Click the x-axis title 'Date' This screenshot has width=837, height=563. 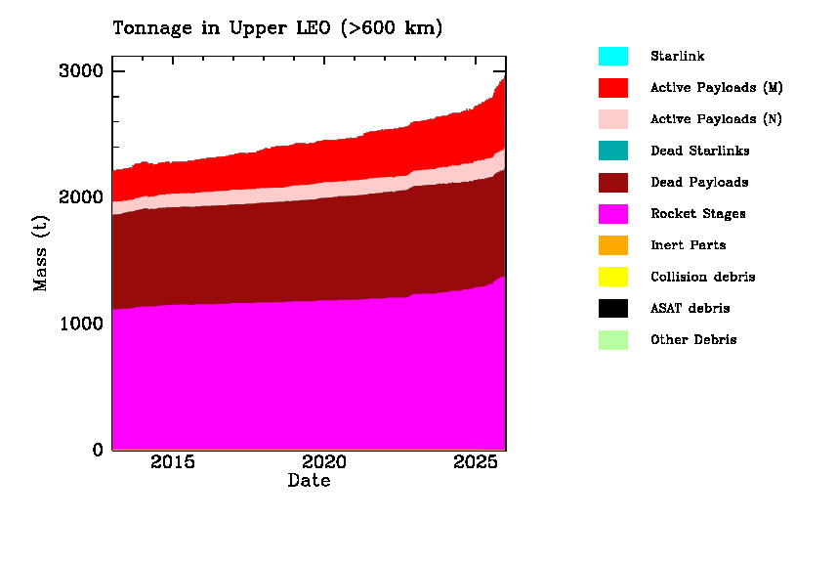tap(309, 481)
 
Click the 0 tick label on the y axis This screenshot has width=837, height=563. tap(97, 450)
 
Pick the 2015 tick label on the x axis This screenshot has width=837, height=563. tap(172, 461)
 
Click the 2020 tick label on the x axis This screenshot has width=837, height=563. tap(323, 461)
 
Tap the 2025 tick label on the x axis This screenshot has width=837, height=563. tap(476, 461)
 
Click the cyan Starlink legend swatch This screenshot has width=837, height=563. tap(613, 56)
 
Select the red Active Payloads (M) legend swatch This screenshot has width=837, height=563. tap(613, 87)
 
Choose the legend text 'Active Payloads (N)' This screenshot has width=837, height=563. tap(716, 119)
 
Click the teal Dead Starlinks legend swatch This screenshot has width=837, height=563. tap(613, 151)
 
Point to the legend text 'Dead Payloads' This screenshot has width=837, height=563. tap(699, 182)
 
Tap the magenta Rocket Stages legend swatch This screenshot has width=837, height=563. tap(613, 213)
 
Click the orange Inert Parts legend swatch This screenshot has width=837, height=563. tap(613, 245)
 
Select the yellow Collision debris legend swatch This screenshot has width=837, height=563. tap(613, 277)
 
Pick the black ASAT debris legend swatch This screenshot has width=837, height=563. tap(613, 308)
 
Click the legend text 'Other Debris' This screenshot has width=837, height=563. tap(693, 340)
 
